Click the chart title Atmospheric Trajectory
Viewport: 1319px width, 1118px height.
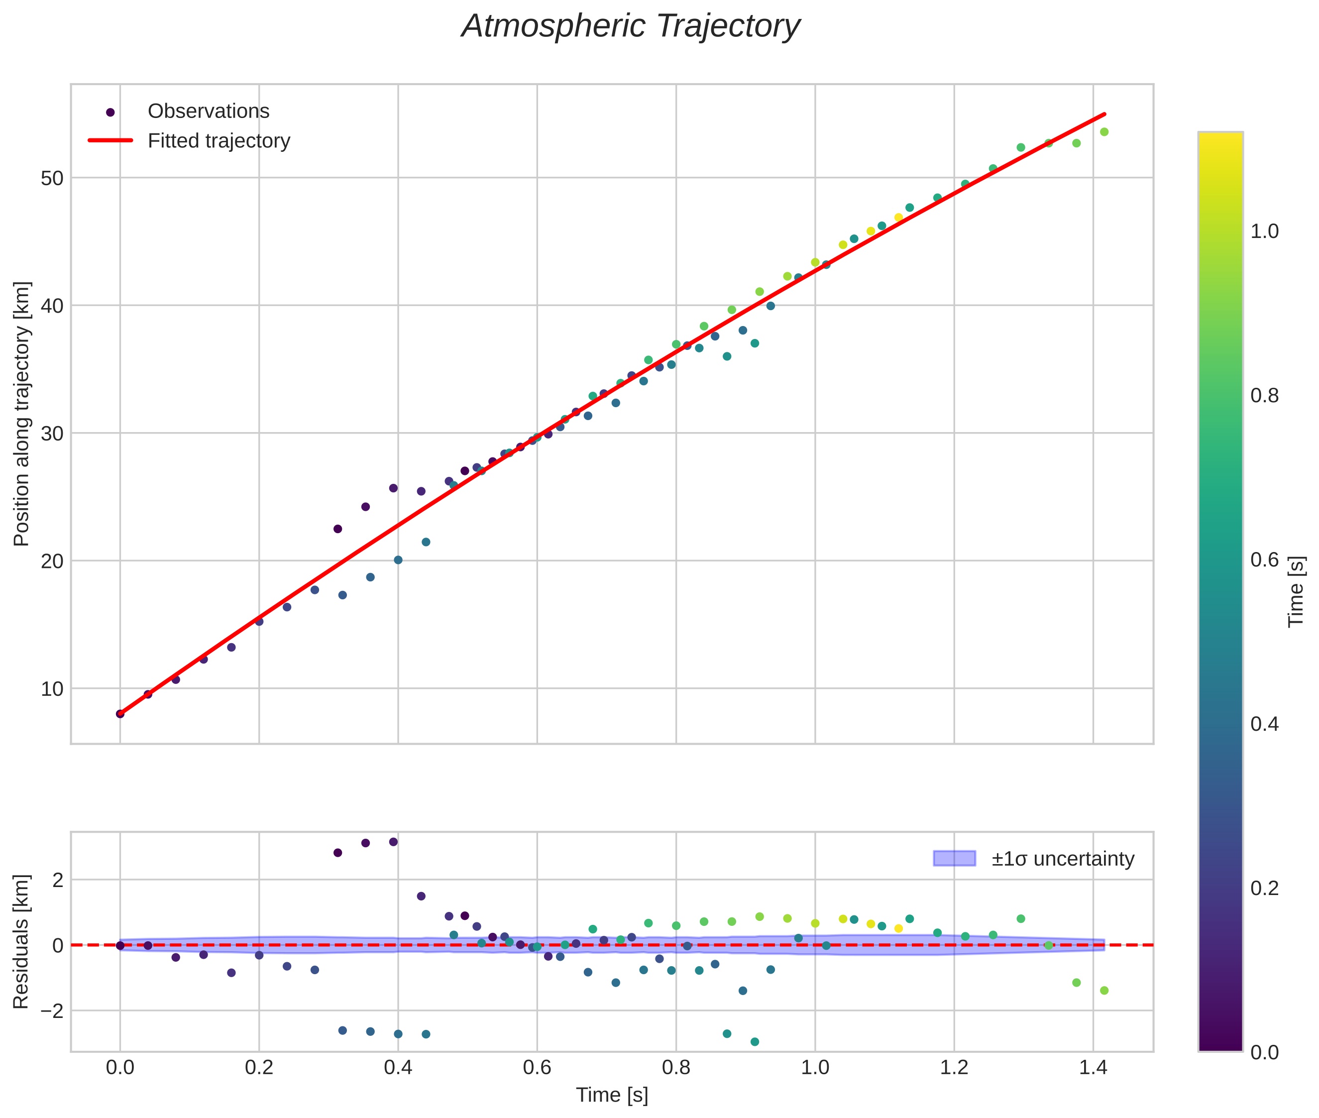(630, 26)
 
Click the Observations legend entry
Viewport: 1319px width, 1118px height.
(208, 112)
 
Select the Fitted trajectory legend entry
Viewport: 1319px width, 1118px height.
(219, 141)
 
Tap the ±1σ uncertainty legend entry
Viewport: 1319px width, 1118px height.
(1062, 859)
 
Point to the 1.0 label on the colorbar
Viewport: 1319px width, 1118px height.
(1264, 231)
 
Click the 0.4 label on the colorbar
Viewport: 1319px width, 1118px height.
(1264, 724)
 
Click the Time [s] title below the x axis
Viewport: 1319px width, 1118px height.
(612, 1095)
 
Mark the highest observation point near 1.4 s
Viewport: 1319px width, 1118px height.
(1103, 132)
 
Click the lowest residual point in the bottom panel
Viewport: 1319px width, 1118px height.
(754, 1042)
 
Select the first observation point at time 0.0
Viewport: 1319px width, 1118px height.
(120, 714)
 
